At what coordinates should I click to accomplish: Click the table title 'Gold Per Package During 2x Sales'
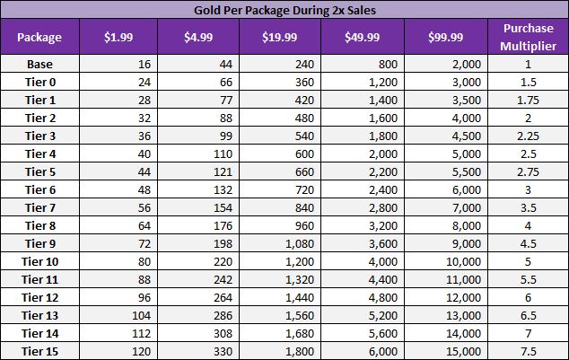click(x=284, y=10)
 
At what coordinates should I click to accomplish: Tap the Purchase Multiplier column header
click(x=528, y=37)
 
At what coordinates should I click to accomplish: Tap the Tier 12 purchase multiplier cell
click(x=528, y=297)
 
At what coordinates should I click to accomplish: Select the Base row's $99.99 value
click(x=468, y=64)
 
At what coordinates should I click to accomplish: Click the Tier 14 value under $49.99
click(x=381, y=332)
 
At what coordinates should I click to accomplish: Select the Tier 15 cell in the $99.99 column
click(x=465, y=350)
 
